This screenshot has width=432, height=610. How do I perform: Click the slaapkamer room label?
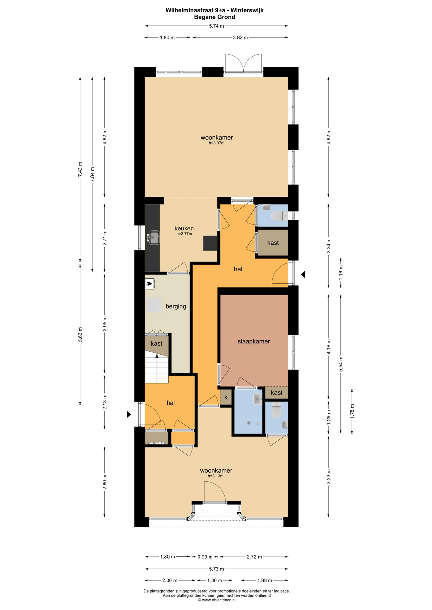254,341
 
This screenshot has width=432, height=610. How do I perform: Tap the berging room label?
176,307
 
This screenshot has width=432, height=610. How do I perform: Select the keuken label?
184,228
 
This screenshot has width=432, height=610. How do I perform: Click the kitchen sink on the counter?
154,238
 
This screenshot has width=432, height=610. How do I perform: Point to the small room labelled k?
226,397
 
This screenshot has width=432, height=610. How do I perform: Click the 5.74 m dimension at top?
216,26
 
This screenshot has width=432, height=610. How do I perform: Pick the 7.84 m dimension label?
92,174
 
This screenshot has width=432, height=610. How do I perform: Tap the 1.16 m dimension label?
341,273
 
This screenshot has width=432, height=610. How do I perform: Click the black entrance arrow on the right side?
303,274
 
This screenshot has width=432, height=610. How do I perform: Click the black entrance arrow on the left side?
129,414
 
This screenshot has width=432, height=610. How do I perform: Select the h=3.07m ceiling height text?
216,143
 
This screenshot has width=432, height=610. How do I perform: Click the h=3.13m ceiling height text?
216,476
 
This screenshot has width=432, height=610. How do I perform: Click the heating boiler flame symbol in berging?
149,283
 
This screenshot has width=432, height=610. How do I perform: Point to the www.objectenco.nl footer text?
217,600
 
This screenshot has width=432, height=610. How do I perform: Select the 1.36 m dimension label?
215,580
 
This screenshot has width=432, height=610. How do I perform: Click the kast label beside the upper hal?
273,243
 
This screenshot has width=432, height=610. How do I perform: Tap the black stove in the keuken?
210,243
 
